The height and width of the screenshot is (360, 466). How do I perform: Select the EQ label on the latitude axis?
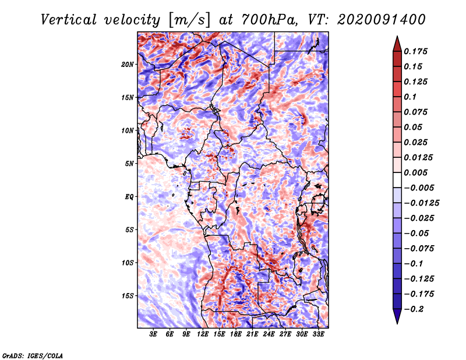click(x=129, y=197)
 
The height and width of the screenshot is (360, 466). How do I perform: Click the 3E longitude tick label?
click(x=154, y=334)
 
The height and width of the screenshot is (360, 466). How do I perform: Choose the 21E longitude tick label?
click(x=252, y=334)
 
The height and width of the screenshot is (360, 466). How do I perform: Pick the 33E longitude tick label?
click(x=318, y=334)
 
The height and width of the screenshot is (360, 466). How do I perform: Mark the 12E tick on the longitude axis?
click(x=203, y=334)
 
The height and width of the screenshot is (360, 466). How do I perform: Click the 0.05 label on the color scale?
click(x=414, y=127)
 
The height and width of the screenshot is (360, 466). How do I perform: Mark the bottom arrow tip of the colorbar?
click(x=396, y=322)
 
